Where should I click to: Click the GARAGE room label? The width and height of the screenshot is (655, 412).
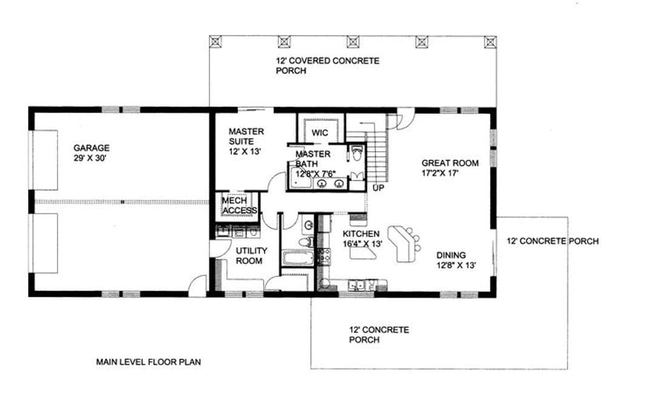point(92,148)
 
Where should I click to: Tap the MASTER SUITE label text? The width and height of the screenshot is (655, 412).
point(246,136)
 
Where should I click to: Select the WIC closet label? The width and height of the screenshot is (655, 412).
point(320,133)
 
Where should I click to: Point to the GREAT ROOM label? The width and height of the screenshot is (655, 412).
point(450,163)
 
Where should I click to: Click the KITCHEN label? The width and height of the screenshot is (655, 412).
point(361,234)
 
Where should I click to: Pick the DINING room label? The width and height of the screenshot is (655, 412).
point(451,255)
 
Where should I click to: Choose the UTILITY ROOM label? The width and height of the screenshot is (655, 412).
point(251,256)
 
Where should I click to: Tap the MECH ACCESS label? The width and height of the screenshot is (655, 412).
point(240,205)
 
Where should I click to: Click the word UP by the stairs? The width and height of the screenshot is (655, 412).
point(378,188)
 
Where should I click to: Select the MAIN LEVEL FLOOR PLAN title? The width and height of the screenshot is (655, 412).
point(149,362)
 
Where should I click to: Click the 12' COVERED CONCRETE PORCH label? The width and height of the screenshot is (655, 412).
point(327,65)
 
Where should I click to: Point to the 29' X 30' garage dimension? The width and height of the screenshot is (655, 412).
point(90,158)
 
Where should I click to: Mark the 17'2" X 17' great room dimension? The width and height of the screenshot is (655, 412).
point(440,173)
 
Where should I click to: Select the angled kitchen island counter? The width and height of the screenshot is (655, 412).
point(401,244)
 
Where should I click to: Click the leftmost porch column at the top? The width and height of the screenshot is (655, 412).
point(215,41)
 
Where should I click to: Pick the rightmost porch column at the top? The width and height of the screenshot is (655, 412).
point(491,41)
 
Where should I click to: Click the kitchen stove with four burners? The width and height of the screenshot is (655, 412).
point(324,256)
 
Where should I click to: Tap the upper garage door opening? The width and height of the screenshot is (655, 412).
point(45,160)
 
